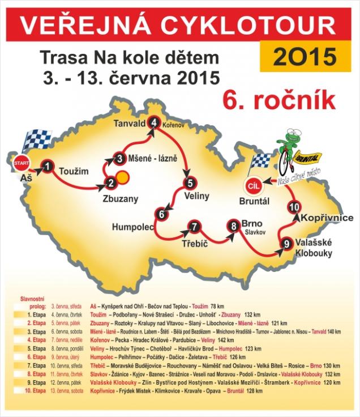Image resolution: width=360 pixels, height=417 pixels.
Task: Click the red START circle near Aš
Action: coord(20,163)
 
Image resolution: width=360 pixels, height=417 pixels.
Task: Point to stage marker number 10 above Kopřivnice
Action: coord(294,208)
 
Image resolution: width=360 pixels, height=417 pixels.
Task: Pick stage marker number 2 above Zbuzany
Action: coord(111,182)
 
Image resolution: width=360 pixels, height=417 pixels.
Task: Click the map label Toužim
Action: coord(74,169)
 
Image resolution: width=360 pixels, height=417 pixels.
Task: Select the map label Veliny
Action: coord(197,196)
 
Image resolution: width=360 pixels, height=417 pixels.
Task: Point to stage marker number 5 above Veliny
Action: coord(191,183)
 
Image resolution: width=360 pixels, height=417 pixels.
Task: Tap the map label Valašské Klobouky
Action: coord(313,248)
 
